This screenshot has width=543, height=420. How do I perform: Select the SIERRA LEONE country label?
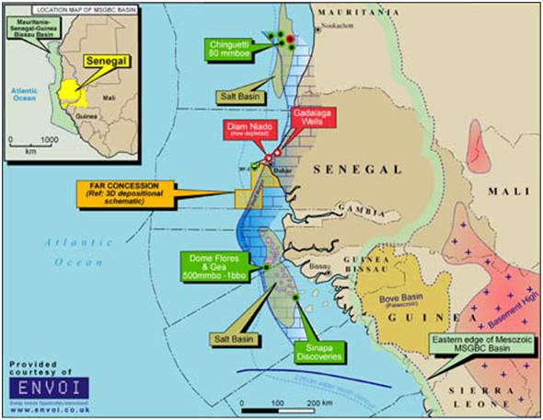point(501,402)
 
